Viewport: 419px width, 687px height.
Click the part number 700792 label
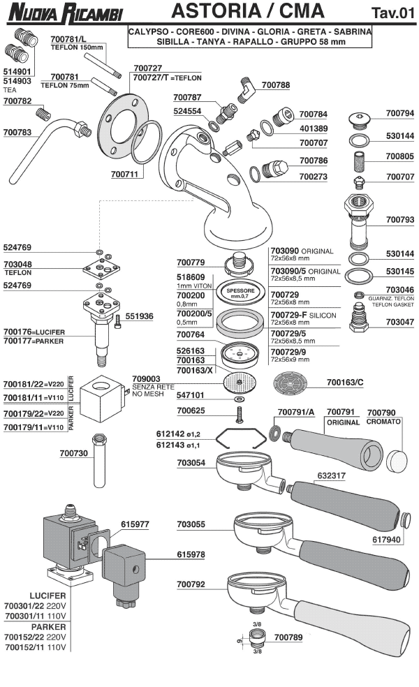(x=191, y=584)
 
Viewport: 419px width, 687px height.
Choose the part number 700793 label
(x=400, y=220)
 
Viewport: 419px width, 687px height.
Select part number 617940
(x=386, y=539)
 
